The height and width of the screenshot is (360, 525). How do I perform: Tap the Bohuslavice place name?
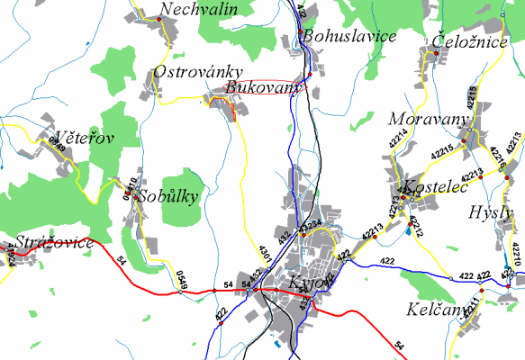(x=350, y=37)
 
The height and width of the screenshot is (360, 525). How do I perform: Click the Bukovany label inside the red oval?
(x=259, y=88)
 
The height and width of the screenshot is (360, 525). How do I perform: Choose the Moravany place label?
(x=429, y=120)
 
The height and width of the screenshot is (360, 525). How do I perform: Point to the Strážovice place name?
(x=53, y=242)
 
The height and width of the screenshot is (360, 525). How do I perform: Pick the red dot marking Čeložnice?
(x=436, y=54)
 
